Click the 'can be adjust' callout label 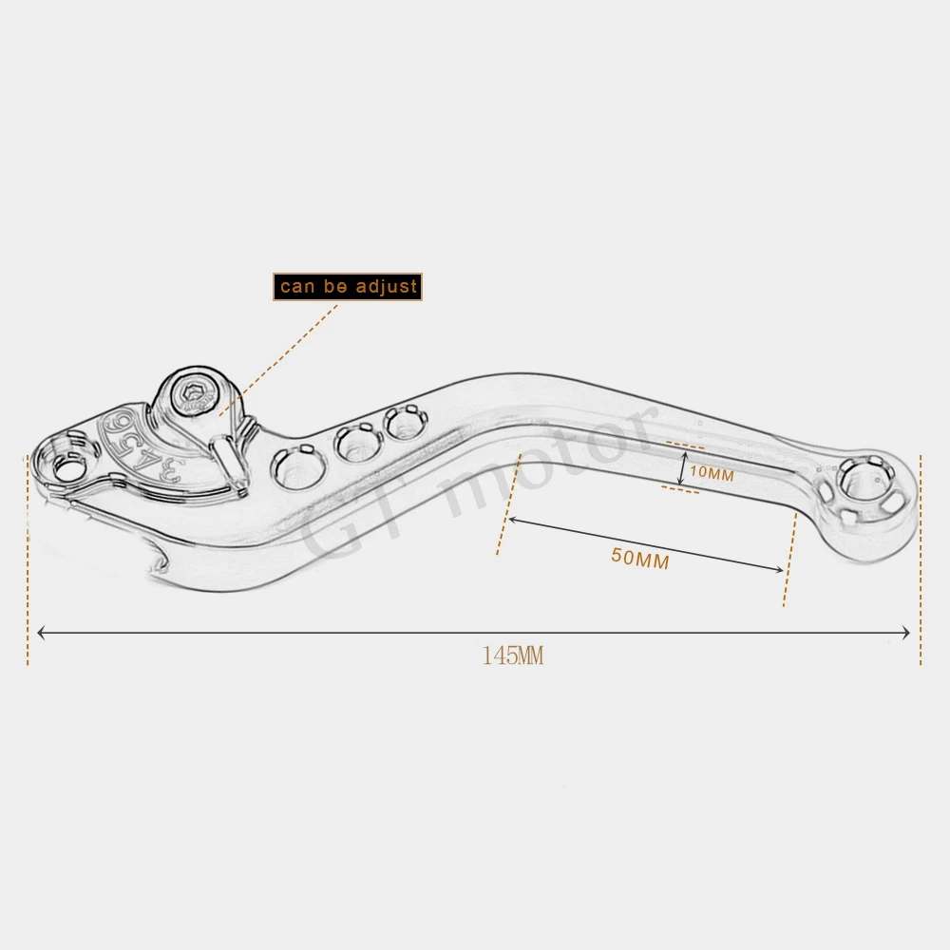click(x=348, y=287)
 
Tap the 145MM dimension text click(x=512, y=655)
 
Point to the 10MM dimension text click(x=712, y=473)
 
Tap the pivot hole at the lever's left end click(x=67, y=466)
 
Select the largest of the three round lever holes click(x=297, y=466)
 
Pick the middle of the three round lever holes click(x=357, y=442)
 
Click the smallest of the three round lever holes click(x=406, y=422)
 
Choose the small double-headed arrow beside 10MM click(x=681, y=468)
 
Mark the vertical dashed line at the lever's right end click(x=920, y=560)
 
